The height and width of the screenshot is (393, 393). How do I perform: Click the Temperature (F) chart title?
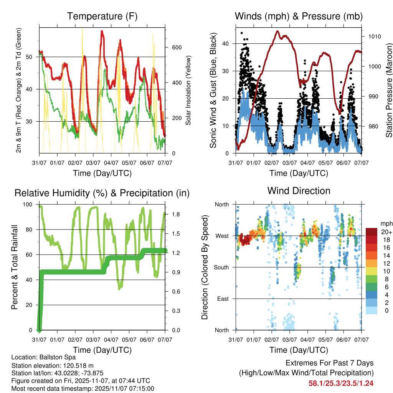click(x=102, y=17)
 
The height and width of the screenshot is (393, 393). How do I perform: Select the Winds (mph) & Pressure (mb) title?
click(x=299, y=17)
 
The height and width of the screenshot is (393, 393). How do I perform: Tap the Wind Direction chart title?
click(x=299, y=191)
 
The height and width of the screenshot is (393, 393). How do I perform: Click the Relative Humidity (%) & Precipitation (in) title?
click(x=102, y=193)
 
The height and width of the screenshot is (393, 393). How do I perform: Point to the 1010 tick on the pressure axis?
click(x=374, y=37)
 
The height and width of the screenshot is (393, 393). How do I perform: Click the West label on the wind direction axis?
click(x=221, y=236)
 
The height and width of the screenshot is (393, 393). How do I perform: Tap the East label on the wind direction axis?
click(x=222, y=299)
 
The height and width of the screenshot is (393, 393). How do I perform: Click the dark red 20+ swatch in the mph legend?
click(x=371, y=232)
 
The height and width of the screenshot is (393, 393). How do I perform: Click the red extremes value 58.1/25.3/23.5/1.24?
click(x=341, y=383)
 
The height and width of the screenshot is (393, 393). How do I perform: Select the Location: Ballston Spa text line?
click(x=43, y=357)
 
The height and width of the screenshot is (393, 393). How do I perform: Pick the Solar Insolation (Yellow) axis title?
click(x=188, y=89)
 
